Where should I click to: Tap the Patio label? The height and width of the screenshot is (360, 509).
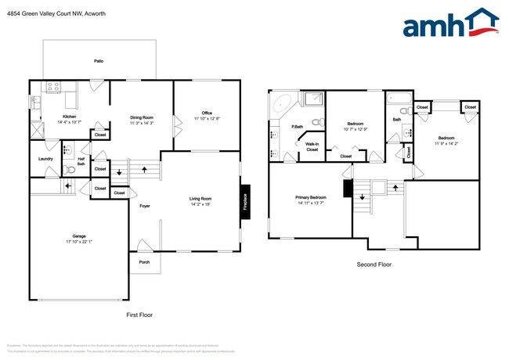pyautogui.click(x=99, y=60)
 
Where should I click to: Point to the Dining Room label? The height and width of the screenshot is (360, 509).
pyautogui.click(x=142, y=117)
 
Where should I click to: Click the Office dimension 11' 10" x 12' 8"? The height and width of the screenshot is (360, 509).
pyautogui.click(x=207, y=118)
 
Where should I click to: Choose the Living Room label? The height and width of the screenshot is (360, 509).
pyautogui.click(x=200, y=199)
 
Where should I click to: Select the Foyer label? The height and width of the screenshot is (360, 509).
pyautogui.click(x=145, y=207)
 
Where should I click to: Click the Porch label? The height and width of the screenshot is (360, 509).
pyautogui.click(x=144, y=262)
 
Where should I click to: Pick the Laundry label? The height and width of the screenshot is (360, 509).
pyautogui.click(x=45, y=159)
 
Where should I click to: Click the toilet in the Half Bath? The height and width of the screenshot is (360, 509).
pyautogui.click(x=70, y=168)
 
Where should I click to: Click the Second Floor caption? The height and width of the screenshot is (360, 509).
pyautogui.click(x=374, y=265)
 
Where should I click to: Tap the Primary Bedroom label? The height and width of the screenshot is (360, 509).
pyautogui.click(x=311, y=197)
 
